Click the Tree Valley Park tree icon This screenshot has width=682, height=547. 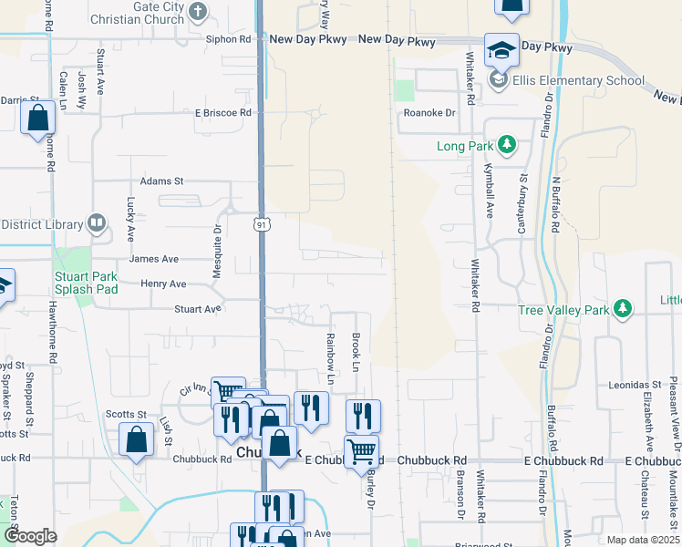(623, 310)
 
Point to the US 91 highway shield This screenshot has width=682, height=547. (261, 223)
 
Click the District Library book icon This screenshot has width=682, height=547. (95, 223)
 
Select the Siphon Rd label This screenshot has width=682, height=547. (228, 39)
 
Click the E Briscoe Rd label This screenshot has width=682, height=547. (222, 112)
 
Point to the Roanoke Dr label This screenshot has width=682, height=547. (429, 113)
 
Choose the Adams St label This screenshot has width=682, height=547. (161, 181)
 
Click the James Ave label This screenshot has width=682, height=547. (153, 259)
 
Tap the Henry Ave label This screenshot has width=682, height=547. (163, 284)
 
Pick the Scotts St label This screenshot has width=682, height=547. (126, 414)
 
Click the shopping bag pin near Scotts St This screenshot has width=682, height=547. (136, 440)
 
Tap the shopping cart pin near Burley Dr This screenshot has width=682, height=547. (362, 450)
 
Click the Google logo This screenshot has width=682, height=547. (30, 537)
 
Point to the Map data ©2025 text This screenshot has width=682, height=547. (642, 540)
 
